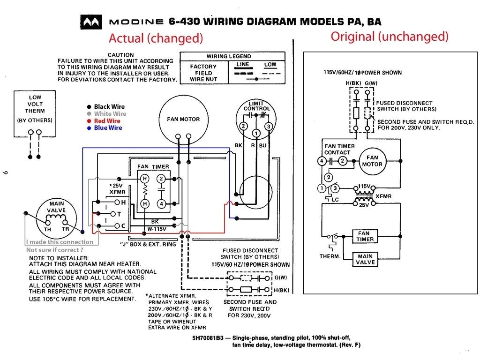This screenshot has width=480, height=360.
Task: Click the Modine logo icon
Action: tap(91, 22)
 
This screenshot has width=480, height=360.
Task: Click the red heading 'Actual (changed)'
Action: tap(156, 38)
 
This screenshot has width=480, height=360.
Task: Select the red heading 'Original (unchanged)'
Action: tap(390, 37)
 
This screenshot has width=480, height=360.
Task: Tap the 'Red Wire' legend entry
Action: tap(107, 121)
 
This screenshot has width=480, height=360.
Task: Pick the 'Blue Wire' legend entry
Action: tap(108, 128)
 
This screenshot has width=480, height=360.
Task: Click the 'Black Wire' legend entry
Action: tap(109, 107)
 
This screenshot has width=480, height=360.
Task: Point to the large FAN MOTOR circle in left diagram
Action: tap(183, 120)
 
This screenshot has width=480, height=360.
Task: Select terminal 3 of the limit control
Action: tap(269, 127)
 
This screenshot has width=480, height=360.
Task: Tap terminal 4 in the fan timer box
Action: tap(161, 204)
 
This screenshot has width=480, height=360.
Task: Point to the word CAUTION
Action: tap(120, 55)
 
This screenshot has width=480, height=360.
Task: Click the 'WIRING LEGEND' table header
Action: tap(229, 56)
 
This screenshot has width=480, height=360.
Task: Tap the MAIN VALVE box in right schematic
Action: tap(365, 259)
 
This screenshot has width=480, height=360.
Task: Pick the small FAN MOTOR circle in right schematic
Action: tap(372, 161)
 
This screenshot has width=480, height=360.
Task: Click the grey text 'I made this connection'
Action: tap(60, 242)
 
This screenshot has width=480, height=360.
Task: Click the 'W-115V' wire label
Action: tap(157, 229)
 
